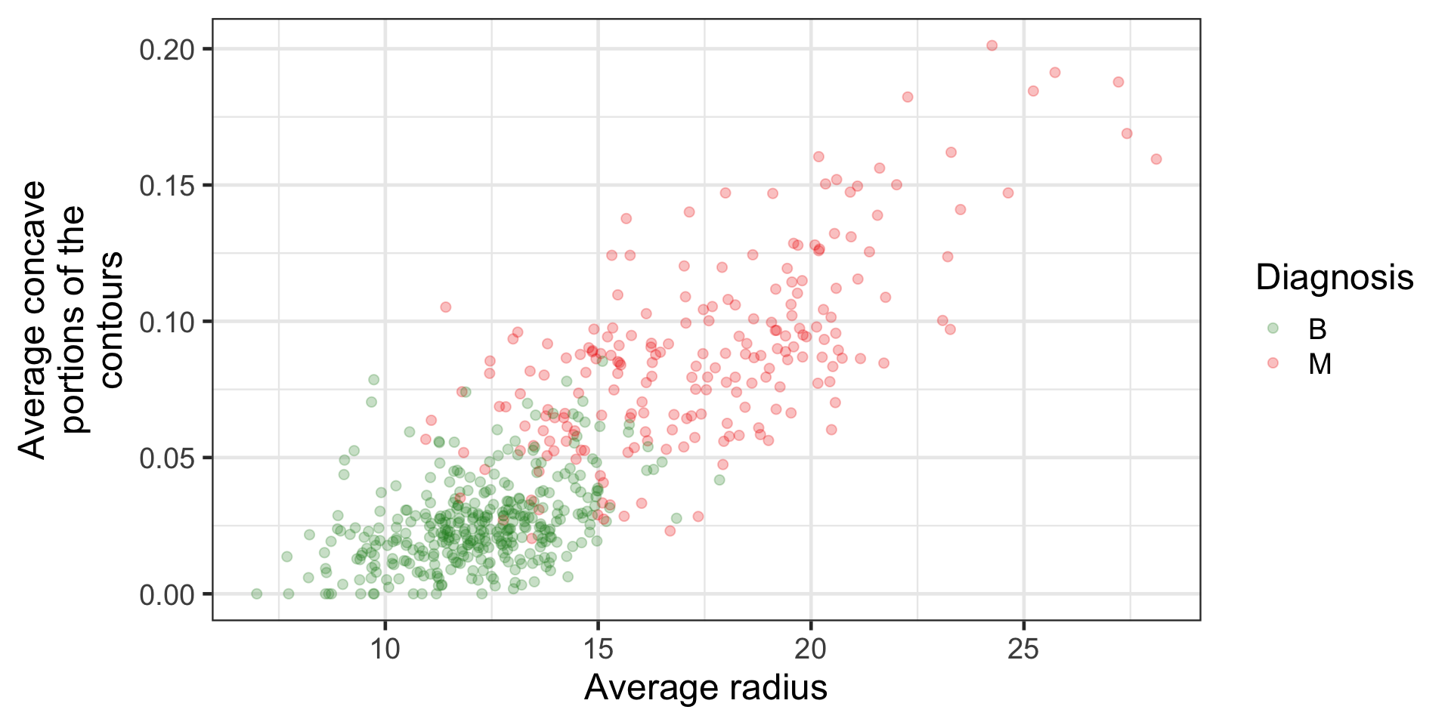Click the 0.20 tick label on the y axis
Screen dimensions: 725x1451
pyautogui.click(x=166, y=50)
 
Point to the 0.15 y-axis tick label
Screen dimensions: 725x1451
pyautogui.click(x=166, y=186)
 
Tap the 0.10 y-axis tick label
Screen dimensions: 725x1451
pyautogui.click(x=166, y=322)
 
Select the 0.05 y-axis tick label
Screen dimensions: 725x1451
pyautogui.click(x=166, y=458)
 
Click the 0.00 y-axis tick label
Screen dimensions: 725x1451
pyautogui.click(x=166, y=595)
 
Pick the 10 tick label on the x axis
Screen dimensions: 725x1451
pyautogui.click(x=385, y=649)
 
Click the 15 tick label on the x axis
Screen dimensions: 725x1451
pyautogui.click(x=598, y=649)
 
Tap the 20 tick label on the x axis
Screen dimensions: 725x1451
pyautogui.click(x=811, y=649)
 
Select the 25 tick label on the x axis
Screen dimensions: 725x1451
pyautogui.click(x=1023, y=649)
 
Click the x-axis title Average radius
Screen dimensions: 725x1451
pyautogui.click(x=705, y=688)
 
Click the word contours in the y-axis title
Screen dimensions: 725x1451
pyautogui.click(x=111, y=320)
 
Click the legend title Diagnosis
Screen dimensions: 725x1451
pyautogui.click(x=1334, y=278)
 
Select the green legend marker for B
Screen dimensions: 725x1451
pyautogui.click(x=1273, y=329)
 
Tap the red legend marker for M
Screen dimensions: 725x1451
pyautogui.click(x=1273, y=363)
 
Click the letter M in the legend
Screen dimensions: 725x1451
pyautogui.click(x=1320, y=365)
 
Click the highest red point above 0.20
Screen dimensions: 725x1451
pyautogui.click(x=992, y=46)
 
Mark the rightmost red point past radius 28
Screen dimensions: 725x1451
pyautogui.click(x=1156, y=159)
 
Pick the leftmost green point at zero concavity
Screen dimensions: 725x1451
pyautogui.click(x=257, y=594)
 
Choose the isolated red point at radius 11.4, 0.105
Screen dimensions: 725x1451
pyautogui.click(x=446, y=307)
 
